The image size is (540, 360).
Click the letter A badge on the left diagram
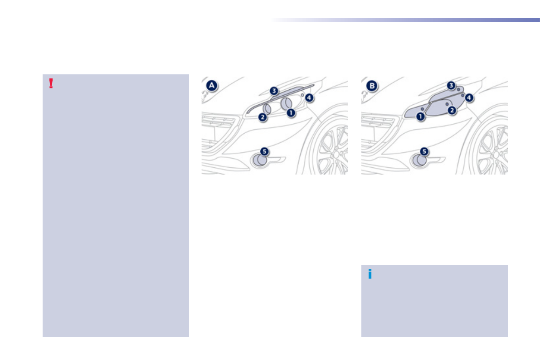point(211,86)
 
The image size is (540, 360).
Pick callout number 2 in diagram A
point(262,117)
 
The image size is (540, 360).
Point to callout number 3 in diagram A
point(274,91)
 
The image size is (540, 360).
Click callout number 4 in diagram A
point(309,97)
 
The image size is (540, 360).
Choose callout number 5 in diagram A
point(264,151)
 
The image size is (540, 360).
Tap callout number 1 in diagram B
point(421,117)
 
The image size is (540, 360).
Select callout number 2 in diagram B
point(452,110)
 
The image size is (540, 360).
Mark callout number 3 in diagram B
point(451,85)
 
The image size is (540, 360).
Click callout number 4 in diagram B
point(469,97)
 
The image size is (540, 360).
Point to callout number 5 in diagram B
point(424,151)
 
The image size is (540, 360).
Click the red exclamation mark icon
point(51,83)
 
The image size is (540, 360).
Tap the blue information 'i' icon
point(370,273)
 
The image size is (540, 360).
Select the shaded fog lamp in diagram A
point(260,160)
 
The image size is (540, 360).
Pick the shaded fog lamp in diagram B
point(419,160)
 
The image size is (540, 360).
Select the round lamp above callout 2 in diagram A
point(267,108)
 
